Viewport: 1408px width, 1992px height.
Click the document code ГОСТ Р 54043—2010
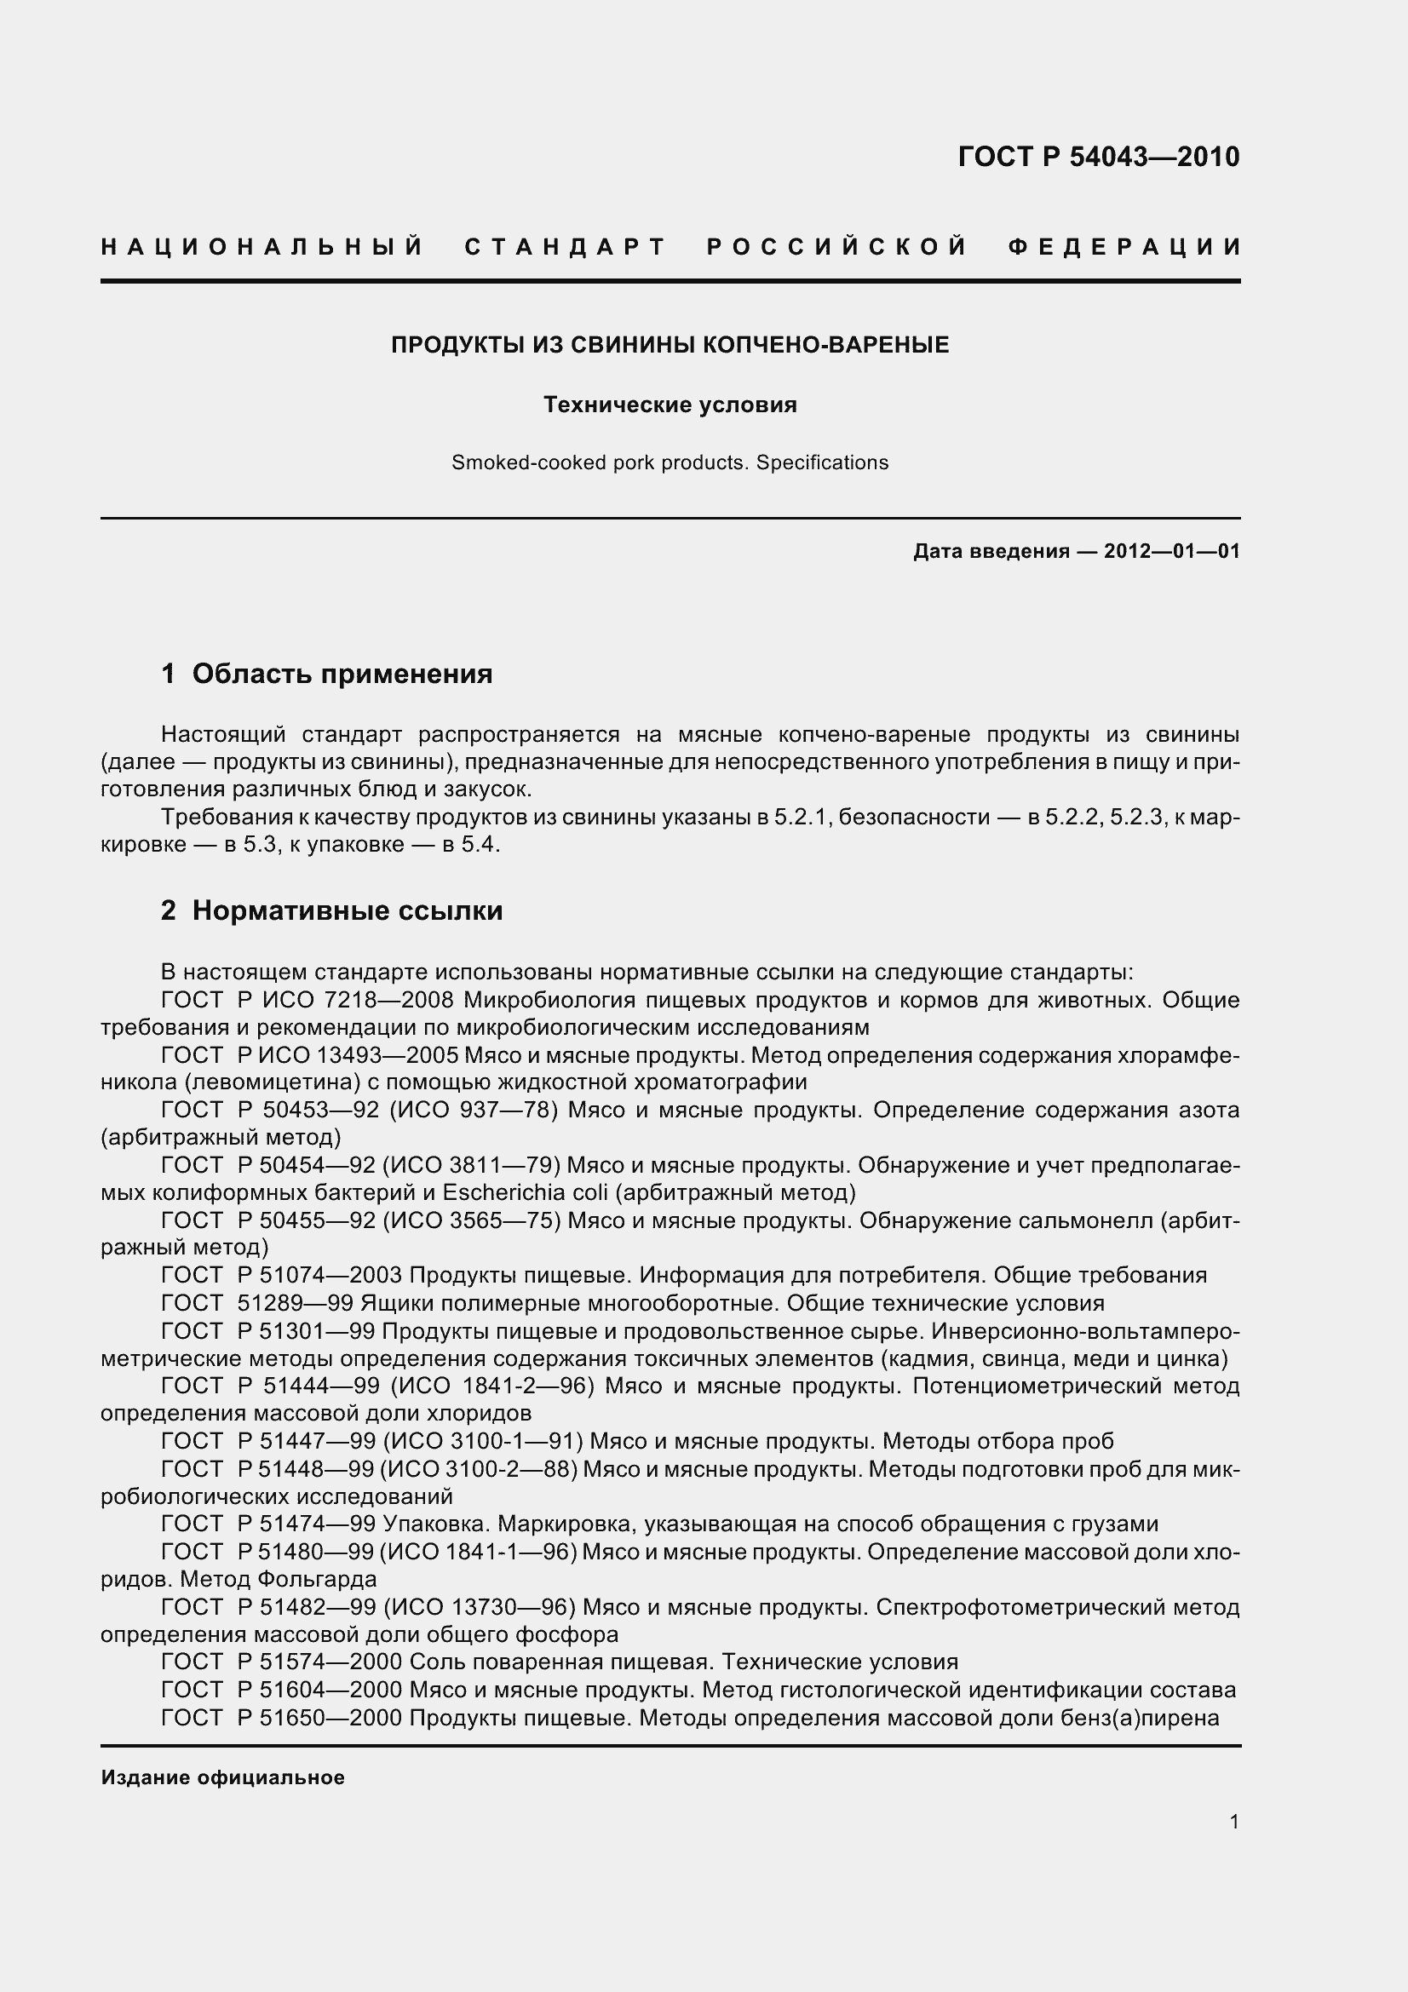(1098, 156)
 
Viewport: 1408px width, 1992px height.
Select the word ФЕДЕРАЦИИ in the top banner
(1124, 247)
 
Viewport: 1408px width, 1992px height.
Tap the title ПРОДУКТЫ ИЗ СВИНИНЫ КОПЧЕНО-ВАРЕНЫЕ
(670, 345)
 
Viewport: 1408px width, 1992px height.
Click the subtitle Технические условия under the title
(670, 405)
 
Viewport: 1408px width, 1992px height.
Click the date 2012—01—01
(1171, 551)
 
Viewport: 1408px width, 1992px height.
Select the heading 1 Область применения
(327, 674)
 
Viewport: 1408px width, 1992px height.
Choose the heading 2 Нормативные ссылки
(331, 910)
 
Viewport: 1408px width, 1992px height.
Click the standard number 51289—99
(295, 1303)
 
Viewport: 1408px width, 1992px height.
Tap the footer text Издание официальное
(223, 1777)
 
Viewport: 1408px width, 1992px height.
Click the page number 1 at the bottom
(1233, 1822)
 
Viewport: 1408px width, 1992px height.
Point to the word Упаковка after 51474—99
(437, 1524)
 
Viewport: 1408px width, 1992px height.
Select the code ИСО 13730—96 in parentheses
(479, 1607)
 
